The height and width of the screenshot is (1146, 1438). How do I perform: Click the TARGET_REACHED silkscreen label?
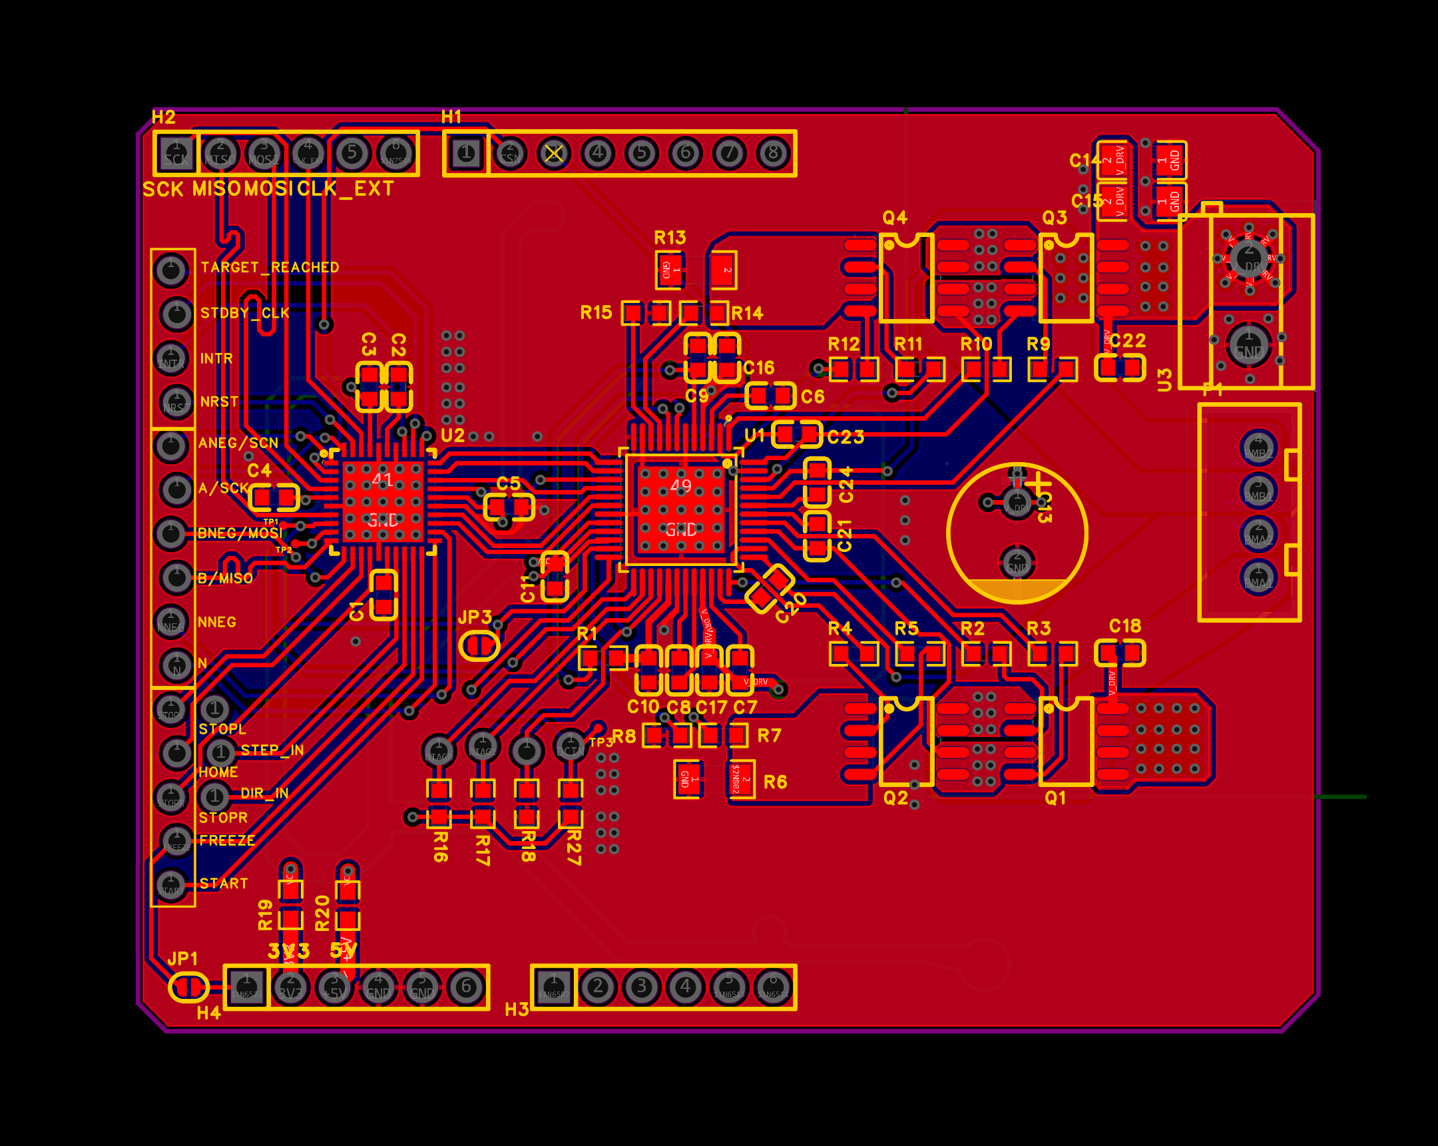point(270,268)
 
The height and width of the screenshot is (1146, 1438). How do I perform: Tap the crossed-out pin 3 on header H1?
point(554,154)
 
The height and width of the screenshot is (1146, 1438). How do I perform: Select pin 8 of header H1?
point(773,153)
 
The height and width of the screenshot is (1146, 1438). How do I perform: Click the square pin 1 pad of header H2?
point(176,153)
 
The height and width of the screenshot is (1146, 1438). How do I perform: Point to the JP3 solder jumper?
point(479,646)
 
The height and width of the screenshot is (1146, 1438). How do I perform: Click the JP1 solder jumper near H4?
point(189,988)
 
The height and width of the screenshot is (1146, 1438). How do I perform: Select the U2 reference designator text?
point(453,435)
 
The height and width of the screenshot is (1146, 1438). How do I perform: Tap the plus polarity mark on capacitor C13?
point(1038,484)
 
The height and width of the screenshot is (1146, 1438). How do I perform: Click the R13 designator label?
point(670,238)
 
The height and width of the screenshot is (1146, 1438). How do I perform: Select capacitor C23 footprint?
point(796,435)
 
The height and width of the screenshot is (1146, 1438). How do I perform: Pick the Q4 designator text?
point(894,218)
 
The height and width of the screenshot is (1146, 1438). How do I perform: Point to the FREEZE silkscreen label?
point(227,840)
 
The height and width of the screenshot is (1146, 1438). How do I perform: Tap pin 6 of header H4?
point(466,987)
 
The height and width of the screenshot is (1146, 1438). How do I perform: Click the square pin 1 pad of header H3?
point(555,987)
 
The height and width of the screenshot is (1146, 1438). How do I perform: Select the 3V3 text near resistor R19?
point(288,951)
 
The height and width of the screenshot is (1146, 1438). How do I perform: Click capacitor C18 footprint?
point(1120,653)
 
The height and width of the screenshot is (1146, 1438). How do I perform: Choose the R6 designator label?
point(775,782)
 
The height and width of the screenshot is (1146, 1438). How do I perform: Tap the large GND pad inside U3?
point(1248,346)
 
